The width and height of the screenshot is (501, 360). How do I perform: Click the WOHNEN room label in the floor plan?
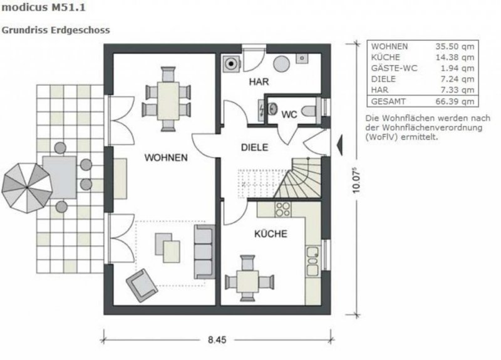(x=166, y=158)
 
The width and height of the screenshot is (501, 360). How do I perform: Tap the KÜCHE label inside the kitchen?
(x=271, y=234)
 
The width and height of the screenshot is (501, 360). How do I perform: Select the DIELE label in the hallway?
(x=255, y=148)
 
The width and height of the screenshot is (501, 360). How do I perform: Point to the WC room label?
(x=289, y=115)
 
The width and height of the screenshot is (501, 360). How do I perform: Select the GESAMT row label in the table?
(x=388, y=101)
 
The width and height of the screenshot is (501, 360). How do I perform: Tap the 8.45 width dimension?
(x=216, y=340)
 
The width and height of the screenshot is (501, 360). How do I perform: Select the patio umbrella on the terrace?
(x=26, y=185)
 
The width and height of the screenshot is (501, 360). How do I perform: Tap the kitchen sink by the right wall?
(x=312, y=259)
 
